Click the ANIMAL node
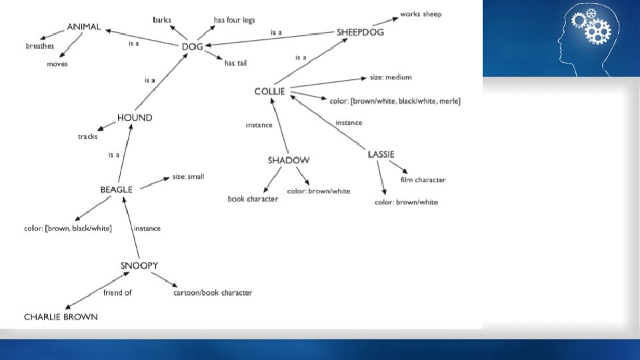click(x=84, y=27)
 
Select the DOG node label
click(x=192, y=47)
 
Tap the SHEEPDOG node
click(x=360, y=32)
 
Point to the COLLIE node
click(x=269, y=91)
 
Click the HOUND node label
click(x=135, y=118)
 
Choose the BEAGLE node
click(x=116, y=189)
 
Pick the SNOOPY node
click(x=139, y=265)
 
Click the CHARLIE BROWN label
click(x=61, y=317)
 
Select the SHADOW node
click(x=289, y=160)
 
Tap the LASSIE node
click(x=381, y=155)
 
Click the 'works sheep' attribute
click(x=421, y=14)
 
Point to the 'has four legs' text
click(x=234, y=20)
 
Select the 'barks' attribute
click(x=162, y=20)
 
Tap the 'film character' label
click(x=423, y=179)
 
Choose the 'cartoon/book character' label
click(x=213, y=293)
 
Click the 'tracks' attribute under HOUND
click(x=87, y=137)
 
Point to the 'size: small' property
click(x=188, y=177)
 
